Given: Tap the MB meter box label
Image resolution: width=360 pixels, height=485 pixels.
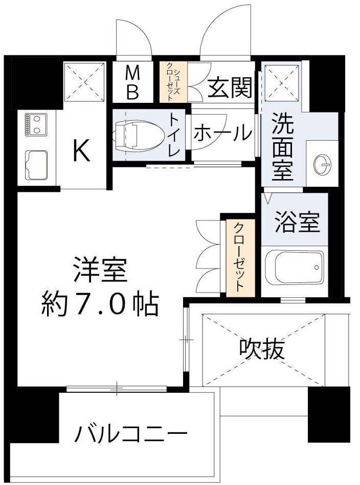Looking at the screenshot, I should [132, 83].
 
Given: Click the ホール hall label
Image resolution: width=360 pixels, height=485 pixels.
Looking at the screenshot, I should [223, 134].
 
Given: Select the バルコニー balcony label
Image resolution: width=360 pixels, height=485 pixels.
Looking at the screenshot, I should [131, 435].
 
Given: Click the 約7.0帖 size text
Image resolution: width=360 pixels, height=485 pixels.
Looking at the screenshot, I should [100, 305].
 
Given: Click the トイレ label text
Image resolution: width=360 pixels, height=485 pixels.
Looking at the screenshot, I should [174, 135].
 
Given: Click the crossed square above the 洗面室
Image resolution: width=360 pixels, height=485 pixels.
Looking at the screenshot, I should [281, 81].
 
